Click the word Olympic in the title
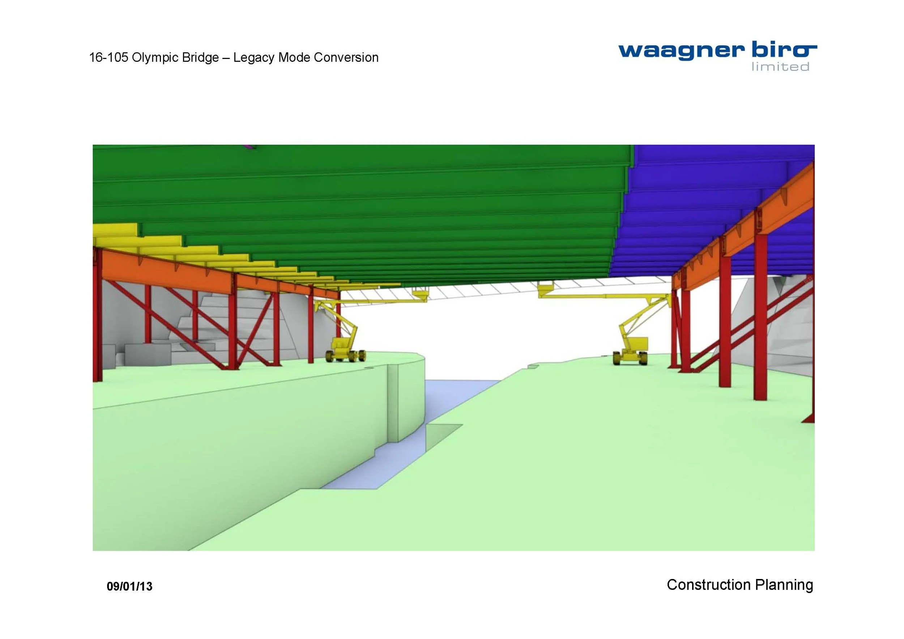pos(155,57)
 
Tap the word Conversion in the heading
pos(346,57)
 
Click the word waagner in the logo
pos(682,52)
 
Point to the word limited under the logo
pos(780,67)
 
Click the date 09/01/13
pos(129,586)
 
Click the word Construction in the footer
pos(709,585)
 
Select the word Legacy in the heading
pos(254,57)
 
